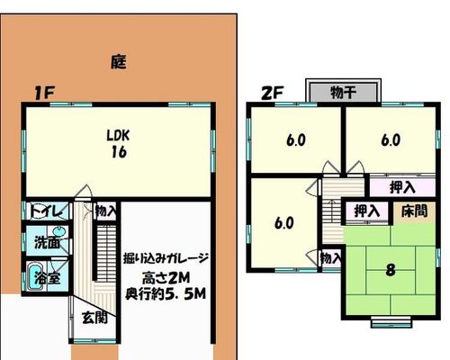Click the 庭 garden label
coord(119,62)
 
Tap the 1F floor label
coord(44,93)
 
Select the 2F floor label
coord(273,93)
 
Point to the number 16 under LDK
coord(119,152)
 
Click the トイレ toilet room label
coord(47,211)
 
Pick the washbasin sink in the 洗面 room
coord(59,232)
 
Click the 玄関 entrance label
coord(94,318)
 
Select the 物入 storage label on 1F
coord(105,211)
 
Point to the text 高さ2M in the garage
coord(166,278)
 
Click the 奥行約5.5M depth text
coord(166,293)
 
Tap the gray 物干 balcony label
coord(344,92)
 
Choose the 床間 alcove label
coord(414,211)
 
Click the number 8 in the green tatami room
coord(391,270)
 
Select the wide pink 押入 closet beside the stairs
coord(402,187)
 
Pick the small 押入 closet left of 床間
coord(366,211)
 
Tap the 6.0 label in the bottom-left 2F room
coord(284,223)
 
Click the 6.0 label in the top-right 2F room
coord(391,140)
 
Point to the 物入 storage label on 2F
coord(330,258)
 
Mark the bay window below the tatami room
coord(391,322)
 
